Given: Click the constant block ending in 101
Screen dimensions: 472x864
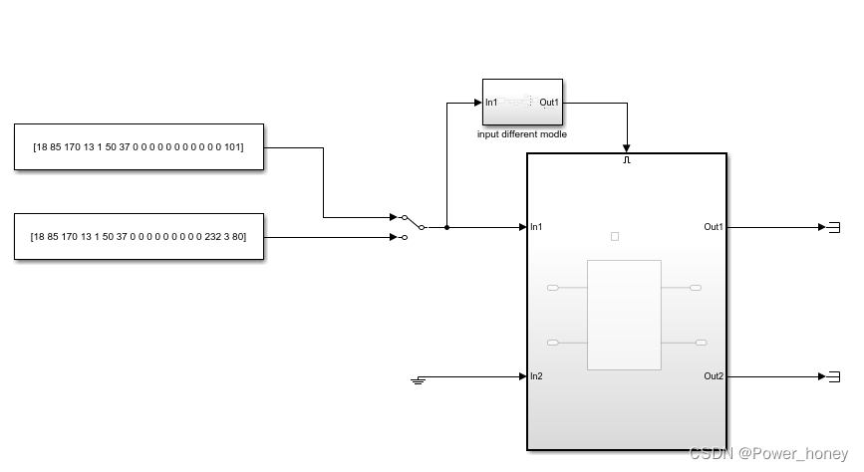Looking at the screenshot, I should click(x=140, y=147).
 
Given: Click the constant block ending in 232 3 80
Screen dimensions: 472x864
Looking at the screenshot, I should click(x=140, y=236).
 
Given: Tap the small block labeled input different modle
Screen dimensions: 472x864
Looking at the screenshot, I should click(x=522, y=102).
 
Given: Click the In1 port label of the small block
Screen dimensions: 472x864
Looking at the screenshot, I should click(x=491, y=103).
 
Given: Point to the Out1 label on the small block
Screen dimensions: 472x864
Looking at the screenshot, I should click(x=549, y=103).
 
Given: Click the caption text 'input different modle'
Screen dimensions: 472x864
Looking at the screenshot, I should click(x=522, y=134).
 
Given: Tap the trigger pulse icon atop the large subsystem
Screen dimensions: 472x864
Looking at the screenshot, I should click(x=627, y=159).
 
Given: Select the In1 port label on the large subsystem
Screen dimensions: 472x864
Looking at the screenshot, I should click(x=537, y=227).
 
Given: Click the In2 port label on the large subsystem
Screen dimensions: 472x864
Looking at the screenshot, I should click(x=537, y=376).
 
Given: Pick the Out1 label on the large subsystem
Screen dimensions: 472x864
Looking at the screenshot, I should click(x=714, y=227).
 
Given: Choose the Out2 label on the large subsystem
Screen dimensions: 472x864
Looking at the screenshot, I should click(x=714, y=376).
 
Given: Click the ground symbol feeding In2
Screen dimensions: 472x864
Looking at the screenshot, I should click(x=419, y=379).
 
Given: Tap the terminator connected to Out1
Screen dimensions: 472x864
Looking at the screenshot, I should click(x=834, y=227).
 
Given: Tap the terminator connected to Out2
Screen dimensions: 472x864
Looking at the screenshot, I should click(x=834, y=376).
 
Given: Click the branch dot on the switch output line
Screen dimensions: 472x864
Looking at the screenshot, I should click(x=447, y=227).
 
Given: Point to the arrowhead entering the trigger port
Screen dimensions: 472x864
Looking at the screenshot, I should click(x=627, y=147).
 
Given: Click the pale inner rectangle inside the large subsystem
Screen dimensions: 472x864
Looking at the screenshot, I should click(x=624, y=315).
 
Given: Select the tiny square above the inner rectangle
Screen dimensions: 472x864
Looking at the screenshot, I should click(x=615, y=236).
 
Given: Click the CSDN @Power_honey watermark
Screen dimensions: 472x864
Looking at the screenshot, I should click(x=769, y=453).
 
